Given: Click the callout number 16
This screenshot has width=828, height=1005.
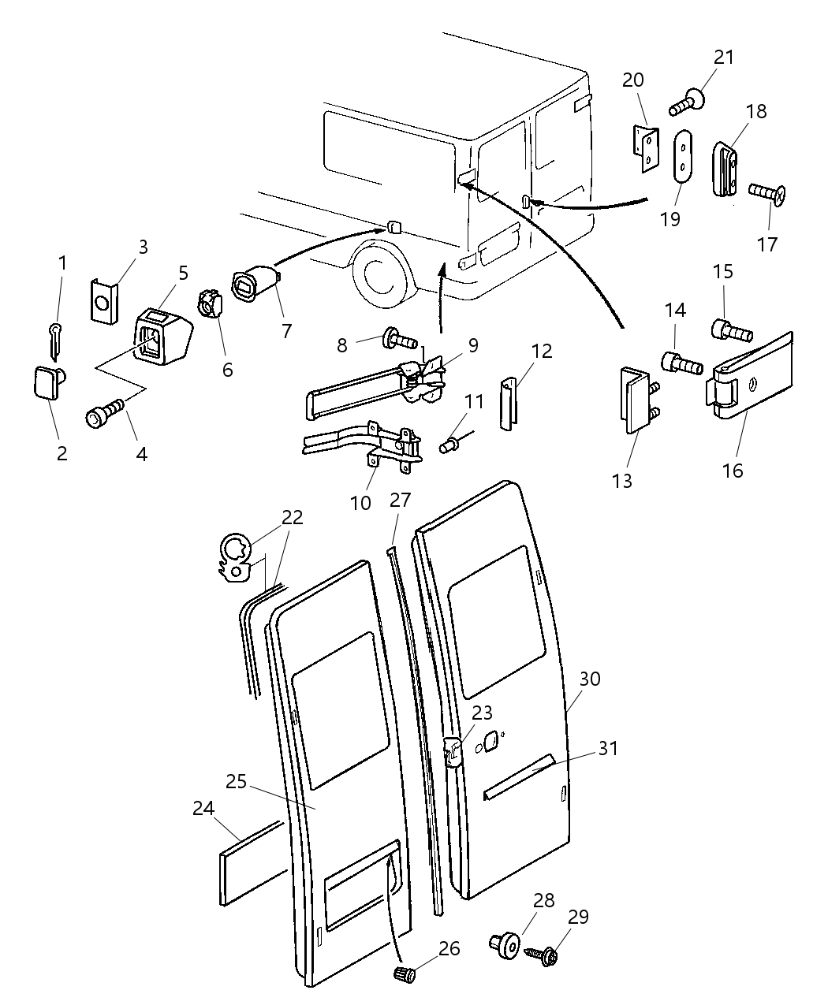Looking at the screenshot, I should [732, 471].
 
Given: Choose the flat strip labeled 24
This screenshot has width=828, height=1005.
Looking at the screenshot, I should [248, 863].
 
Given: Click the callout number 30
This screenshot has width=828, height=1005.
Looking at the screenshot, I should [590, 679].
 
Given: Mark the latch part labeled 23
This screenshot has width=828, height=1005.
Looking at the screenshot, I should [453, 752].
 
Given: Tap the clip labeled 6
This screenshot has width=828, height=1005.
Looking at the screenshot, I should [208, 304].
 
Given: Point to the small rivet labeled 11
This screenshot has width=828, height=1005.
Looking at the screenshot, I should [450, 446].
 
